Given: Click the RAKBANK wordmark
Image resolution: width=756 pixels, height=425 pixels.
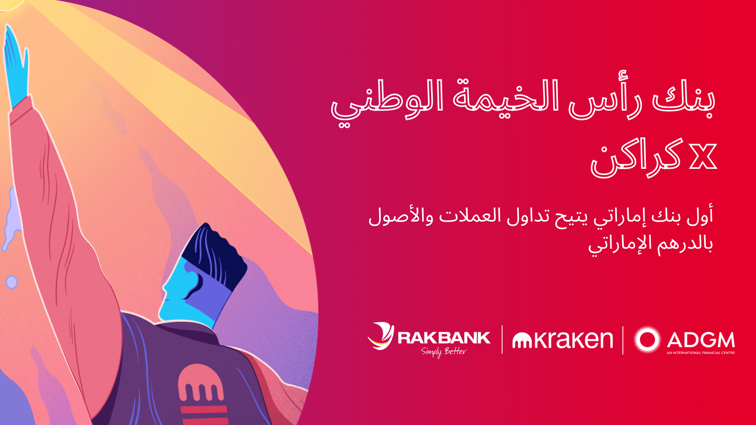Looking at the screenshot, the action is (444, 338).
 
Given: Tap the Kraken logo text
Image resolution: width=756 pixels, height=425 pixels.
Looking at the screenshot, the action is (563, 340).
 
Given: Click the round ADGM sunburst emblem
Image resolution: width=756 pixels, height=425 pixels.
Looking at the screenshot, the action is (647, 340).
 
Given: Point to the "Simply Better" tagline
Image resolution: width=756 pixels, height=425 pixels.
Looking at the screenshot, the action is (444, 351).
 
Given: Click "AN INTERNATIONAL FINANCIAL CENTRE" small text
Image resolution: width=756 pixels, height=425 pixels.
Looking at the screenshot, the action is (701, 353).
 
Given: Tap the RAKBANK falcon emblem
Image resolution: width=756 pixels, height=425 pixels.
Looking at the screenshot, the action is (381, 336).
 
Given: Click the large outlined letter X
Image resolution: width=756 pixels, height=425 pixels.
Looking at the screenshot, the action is (703, 157).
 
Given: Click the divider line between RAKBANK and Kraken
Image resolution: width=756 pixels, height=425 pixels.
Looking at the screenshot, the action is (502, 339).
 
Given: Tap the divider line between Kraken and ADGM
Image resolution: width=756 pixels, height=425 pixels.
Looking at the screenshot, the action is (623, 340).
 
